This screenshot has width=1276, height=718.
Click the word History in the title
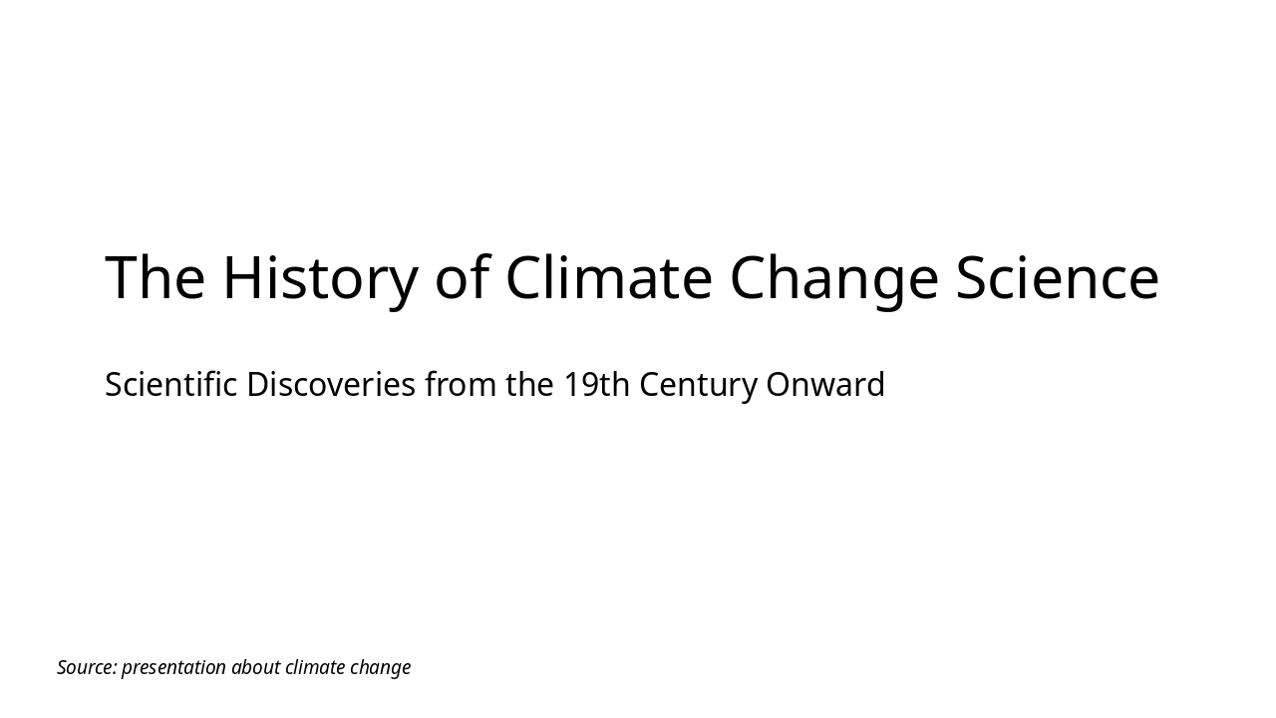319,277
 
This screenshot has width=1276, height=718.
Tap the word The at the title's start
155,277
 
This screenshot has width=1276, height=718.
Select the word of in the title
462,277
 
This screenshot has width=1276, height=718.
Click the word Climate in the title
608,277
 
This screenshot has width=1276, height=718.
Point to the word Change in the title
834,277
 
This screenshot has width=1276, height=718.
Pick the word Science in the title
1058,277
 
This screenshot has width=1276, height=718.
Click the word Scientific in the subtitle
170,384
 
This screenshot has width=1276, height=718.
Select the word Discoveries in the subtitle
330,384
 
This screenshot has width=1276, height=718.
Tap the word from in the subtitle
461,384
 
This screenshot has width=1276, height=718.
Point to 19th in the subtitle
596,384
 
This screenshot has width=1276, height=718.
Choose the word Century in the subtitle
698,384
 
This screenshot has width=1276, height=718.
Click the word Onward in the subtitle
825,384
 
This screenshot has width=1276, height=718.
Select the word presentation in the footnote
173,667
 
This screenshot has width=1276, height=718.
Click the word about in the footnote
255,667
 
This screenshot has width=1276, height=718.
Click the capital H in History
240,277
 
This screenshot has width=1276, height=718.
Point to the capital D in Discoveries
256,384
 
